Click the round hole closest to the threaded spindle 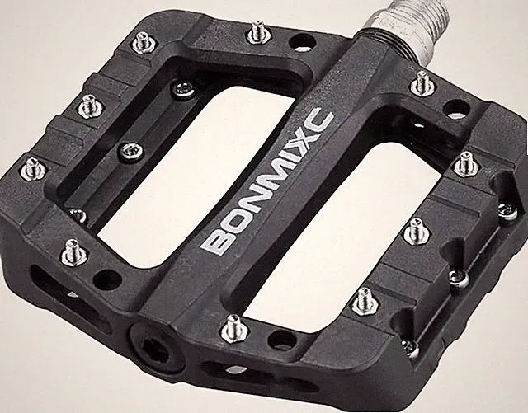pos(302,42)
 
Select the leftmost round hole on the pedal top pos(107,278)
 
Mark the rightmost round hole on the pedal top pos(456,108)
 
